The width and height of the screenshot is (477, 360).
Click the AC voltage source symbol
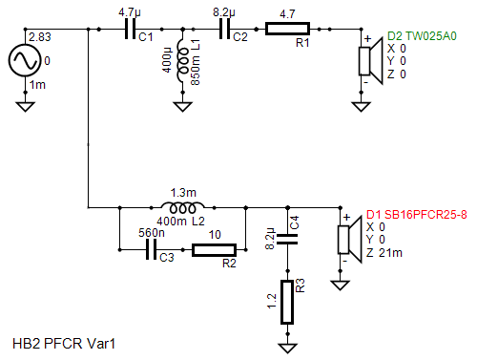[x=25, y=60]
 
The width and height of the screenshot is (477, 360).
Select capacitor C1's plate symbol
[x=130, y=29]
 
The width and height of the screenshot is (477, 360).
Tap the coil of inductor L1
[x=182, y=60]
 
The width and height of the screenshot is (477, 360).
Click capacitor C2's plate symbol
[x=224, y=29]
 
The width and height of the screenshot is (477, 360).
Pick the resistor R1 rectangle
[x=287, y=29]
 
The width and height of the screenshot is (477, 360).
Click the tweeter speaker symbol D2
[x=370, y=61]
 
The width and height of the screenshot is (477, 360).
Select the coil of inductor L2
[x=182, y=207]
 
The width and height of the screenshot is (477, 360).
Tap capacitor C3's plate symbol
[x=151, y=249]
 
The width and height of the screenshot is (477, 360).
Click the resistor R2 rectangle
[x=214, y=250]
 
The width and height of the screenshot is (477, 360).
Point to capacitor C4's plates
[x=287, y=239]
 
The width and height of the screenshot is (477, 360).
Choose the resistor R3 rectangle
[x=287, y=302]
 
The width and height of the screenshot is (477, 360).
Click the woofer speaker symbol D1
[x=349, y=240]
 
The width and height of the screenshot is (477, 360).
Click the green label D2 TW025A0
[x=422, y=36]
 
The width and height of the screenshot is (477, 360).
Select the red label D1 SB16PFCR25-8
[x=417, y=215]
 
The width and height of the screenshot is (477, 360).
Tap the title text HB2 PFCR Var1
[x=64, y=344]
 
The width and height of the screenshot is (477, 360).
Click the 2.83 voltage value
[x=40, y=37]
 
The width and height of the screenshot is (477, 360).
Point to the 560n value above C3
[x=152, y=233]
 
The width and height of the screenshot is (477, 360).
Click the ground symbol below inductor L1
[x=182, y=106]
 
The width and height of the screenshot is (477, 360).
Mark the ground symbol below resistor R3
[x=287, y=349]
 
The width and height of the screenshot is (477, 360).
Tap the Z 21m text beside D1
[x=384, y=253]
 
